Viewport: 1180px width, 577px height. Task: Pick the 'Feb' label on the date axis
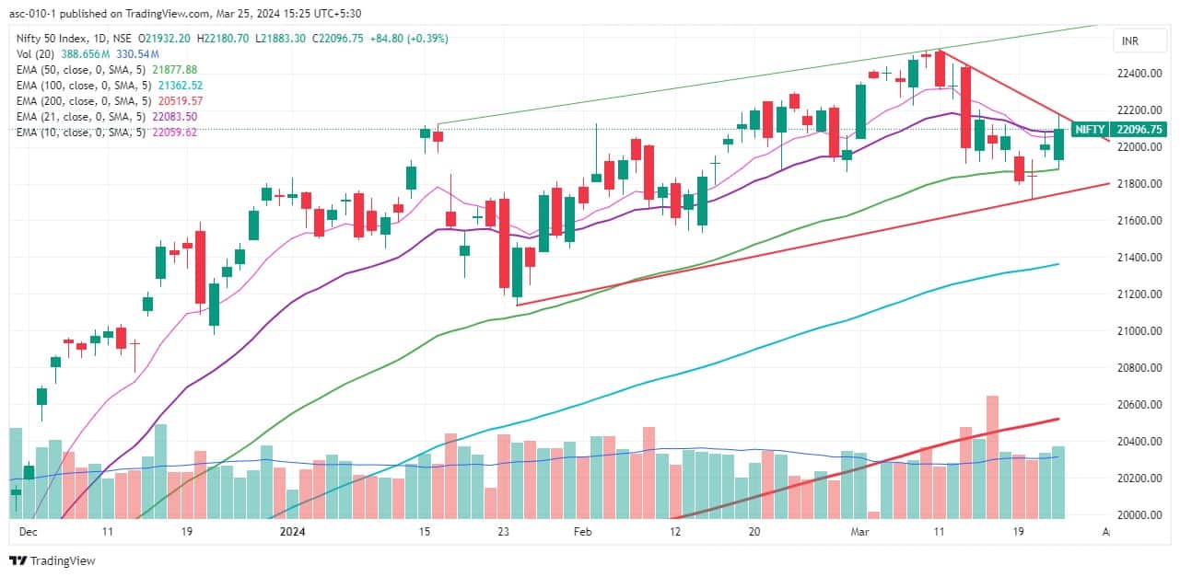pyautogui.click(x=582, y=532)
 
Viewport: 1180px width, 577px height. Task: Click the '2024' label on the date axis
pyautogui.click(x=292, y=532)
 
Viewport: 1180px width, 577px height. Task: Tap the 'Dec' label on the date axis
pyautogui.click(x=28, y=532)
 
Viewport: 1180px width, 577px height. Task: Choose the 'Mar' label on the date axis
pyautogui.click(x=860, y=532)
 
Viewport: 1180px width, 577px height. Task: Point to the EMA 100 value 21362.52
pyautogui.click(x=180, y=85)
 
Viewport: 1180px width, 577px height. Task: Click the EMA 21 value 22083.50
pyautogui.click(x=177, y=117)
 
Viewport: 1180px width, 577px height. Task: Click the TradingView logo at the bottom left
pyautogui.click(x=53, y=560)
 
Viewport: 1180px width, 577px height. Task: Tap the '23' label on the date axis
pyautogui.click(x=503, y=532)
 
